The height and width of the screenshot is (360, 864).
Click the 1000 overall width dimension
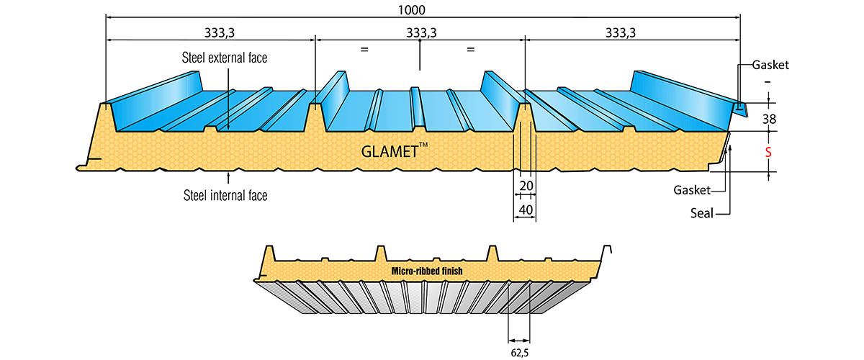click(x=410, y=10)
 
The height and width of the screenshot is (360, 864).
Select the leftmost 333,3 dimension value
click(x=209, y=32)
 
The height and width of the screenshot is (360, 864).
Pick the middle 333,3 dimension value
click(x=420, y=32)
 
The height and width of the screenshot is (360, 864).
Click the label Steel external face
click(x=225, y=58)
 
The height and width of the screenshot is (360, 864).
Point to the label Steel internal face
click(x=225, y=194)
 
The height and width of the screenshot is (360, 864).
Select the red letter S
click(x=768, y=153)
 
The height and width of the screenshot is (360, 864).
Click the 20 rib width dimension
click(x=526, y=186)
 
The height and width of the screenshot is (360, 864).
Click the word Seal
click(x=701, y=214)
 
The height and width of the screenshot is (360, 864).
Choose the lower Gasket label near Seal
click(x=692, y=190)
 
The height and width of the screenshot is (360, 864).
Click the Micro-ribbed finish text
click(x=427, y=271)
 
